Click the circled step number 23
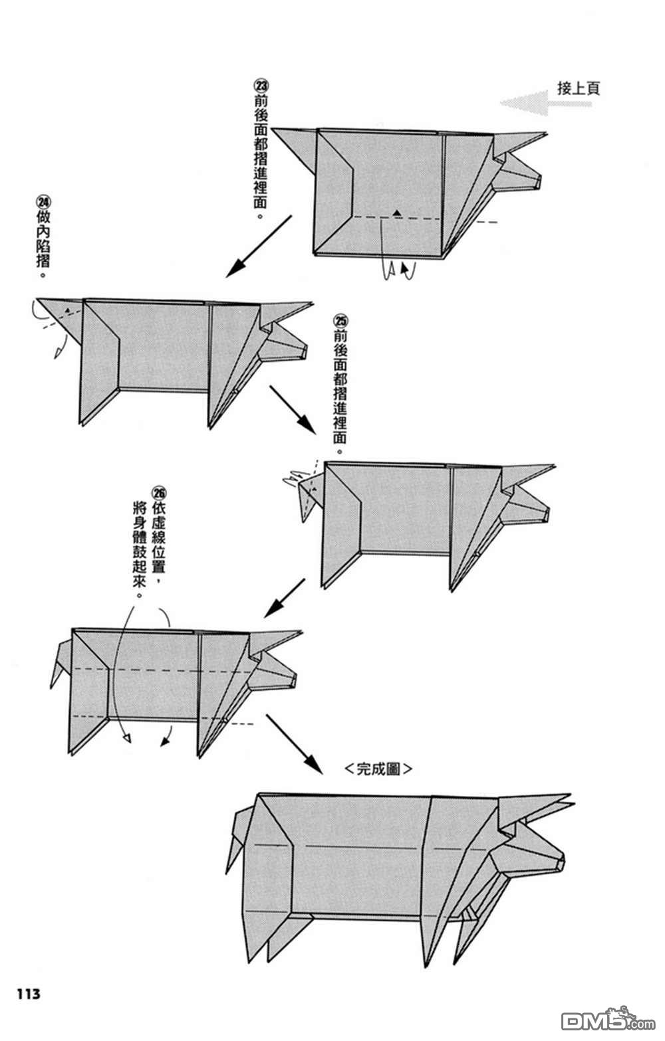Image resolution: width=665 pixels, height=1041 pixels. (261, 86)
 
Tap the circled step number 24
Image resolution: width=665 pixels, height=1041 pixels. (43, 201)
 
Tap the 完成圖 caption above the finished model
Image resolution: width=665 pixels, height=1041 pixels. (379, 769)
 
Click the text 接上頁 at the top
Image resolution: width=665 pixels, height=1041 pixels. (578, 88)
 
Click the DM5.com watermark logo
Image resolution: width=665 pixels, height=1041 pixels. (598, 1019)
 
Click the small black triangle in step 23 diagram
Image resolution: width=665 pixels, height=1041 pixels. (397, 213)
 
